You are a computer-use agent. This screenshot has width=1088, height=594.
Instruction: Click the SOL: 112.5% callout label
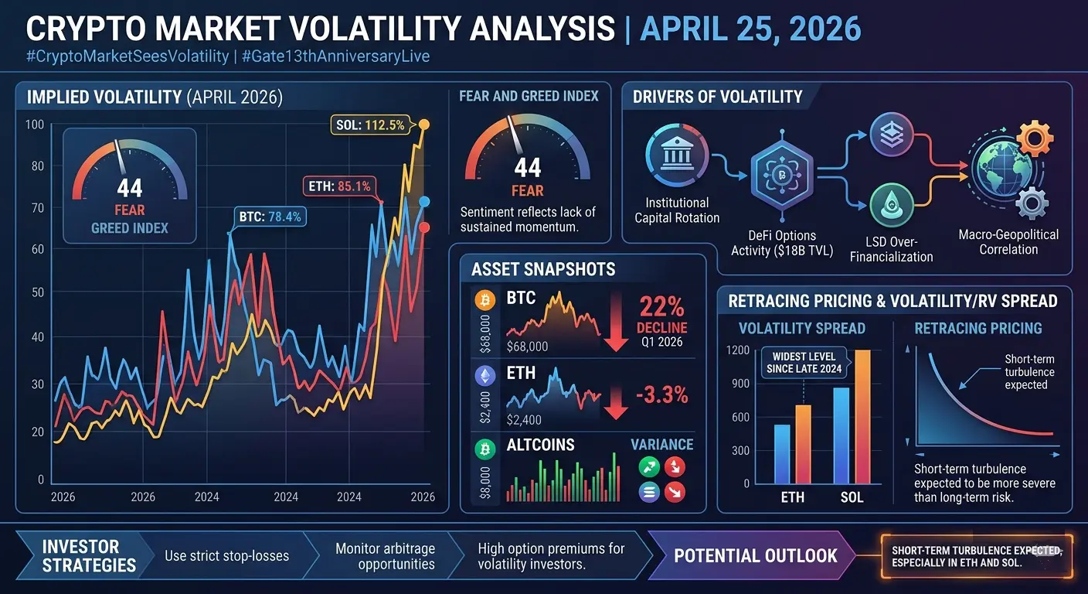point(369,125)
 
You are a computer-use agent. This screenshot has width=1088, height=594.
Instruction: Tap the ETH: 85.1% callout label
point(338,186)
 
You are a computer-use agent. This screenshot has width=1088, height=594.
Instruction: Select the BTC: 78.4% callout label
point(270,217)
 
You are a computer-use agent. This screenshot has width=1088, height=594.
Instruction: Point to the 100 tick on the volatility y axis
point(34,125)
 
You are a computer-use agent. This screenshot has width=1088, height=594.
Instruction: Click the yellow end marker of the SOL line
point(423,125)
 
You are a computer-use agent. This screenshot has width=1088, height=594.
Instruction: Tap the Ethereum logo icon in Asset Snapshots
point(486,376)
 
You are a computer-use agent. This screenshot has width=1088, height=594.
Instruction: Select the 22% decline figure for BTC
point(661,307)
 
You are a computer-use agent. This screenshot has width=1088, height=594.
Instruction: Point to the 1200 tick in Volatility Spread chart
point(739,350)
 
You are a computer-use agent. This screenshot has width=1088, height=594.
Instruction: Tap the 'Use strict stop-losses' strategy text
point(227,555)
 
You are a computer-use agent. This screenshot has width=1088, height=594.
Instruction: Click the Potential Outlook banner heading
point(755,555)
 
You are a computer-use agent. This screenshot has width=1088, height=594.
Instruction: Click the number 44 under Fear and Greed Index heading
point(527,167)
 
